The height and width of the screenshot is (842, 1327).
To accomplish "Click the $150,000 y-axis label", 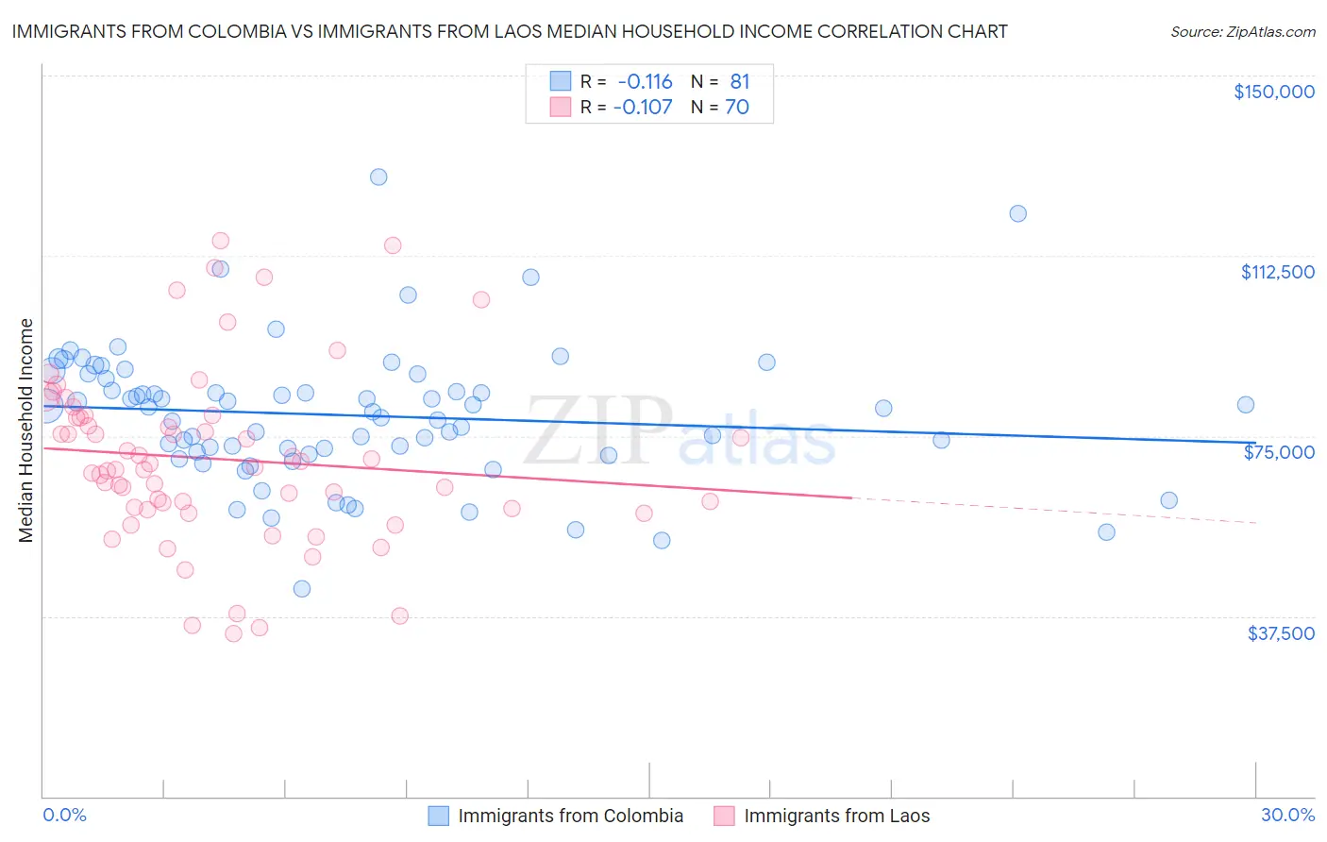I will tap(1273, 92).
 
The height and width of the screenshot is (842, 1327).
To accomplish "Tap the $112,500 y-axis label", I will tap(1277, 272).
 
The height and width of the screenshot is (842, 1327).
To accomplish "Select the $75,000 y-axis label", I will tap(1279, 452).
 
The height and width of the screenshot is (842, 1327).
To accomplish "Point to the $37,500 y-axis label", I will tap(1280, 633).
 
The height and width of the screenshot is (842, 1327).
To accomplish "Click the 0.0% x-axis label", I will tap(64, 815).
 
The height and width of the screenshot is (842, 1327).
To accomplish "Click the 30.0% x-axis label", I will tap(1287, 815).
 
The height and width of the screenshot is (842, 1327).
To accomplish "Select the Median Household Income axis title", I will tap(26, 430).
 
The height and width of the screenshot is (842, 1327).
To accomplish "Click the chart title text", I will tap(510, 31).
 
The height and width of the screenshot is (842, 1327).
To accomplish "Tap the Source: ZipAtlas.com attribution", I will tap(1242, 31).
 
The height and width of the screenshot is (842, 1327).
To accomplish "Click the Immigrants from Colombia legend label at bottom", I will tap(570, 816).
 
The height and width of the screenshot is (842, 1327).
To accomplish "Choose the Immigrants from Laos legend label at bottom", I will tap(836, 816).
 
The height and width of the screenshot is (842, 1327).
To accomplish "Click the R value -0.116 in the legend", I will tap(645, 82).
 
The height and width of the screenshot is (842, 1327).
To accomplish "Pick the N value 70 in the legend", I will tap(737, 107).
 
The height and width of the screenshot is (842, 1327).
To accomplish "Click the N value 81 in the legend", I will tap(739, 82).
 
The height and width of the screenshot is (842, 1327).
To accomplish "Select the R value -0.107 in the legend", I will tap(643, 107).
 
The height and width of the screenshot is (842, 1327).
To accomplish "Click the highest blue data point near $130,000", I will tap(378, 177).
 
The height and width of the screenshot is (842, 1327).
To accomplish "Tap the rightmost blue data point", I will tap(1245, 405).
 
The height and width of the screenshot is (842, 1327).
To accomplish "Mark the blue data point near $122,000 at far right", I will tap(1017, 213).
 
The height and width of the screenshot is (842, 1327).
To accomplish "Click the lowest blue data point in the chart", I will tap(302, 588).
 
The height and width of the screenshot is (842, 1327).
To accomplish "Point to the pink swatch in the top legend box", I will tap(561, 107).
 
